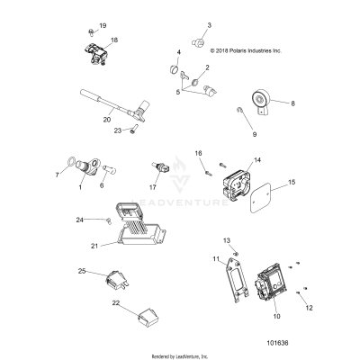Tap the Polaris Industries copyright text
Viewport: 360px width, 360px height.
pyautogui.click(x=233, y=51)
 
